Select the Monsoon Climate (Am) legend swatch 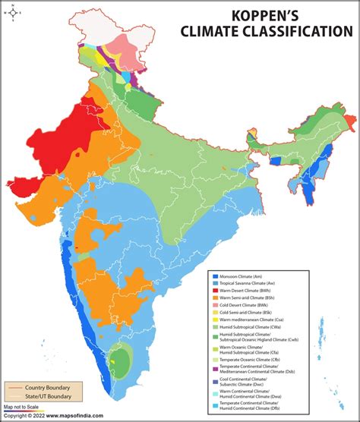click(x=215, y=275)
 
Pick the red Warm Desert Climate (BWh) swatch click(x=215, y=290)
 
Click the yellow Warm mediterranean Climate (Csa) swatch click(x=215, y=320)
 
